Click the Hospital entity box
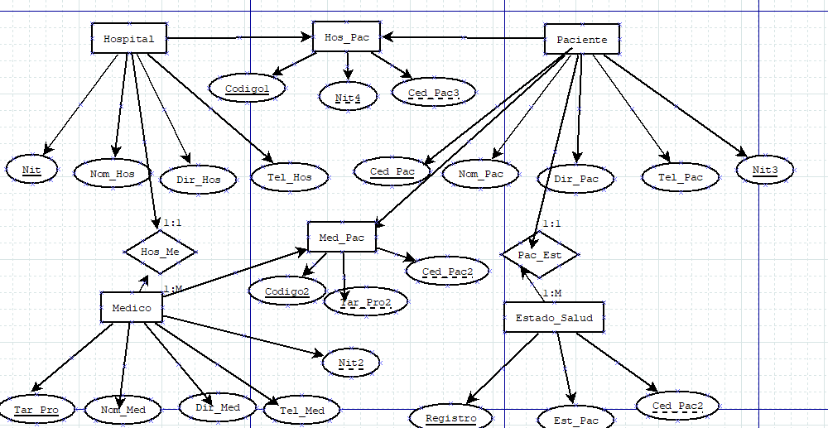128,39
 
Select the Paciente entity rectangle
581,40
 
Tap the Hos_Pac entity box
347,37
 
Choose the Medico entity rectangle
131,308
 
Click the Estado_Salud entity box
554,317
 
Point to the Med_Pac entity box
342,238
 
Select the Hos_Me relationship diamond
160,251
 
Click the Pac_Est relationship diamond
539,255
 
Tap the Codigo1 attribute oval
247,87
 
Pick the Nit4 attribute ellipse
348,98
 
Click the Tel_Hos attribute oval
289,176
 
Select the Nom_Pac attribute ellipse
480,174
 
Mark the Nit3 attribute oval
765,171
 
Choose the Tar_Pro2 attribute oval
365,303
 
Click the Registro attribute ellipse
450,418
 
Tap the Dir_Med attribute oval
218,406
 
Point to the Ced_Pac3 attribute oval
434,92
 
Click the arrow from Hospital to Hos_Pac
239,37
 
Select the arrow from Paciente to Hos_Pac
463,37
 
